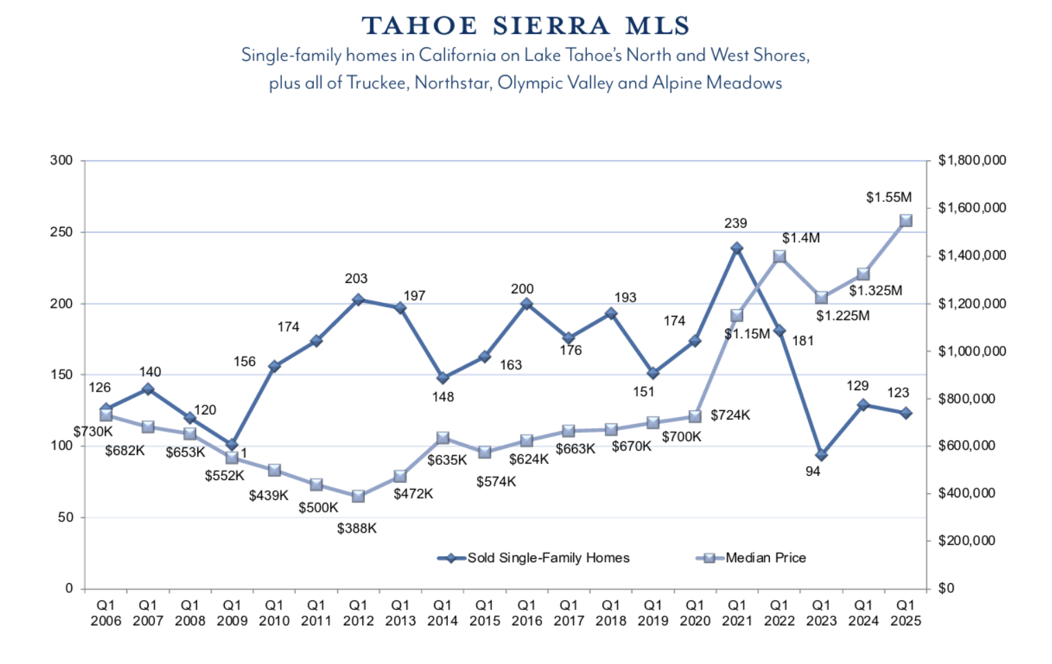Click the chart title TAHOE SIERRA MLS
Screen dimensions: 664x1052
[526, 26]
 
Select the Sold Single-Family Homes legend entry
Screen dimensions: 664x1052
[547, 558]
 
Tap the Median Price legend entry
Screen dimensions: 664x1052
[765, 558]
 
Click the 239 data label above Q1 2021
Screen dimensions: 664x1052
[735, 223]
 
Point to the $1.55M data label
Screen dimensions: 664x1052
[888, 198]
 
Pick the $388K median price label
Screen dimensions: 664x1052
[357, 528]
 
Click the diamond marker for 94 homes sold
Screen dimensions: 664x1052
[820, 455]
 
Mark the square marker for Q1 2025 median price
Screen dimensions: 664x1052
[905, 221]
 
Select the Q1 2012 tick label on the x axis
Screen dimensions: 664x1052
[358, 614]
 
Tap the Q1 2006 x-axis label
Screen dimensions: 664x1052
[106, 614]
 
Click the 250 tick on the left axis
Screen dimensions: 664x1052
[62, 232]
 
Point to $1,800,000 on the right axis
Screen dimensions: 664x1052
[971, 160]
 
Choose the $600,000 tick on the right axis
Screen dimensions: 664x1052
[966, 446]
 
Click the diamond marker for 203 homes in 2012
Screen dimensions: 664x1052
[358, 299]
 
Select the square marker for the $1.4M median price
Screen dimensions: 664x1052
[779, 257]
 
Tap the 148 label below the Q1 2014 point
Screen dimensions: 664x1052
[443, 397]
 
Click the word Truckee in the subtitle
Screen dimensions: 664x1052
[376, 83]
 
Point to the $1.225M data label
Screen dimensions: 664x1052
[843, 316]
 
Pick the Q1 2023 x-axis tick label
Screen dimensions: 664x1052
[821, 614]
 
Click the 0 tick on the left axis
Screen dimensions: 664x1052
[68, 589]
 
